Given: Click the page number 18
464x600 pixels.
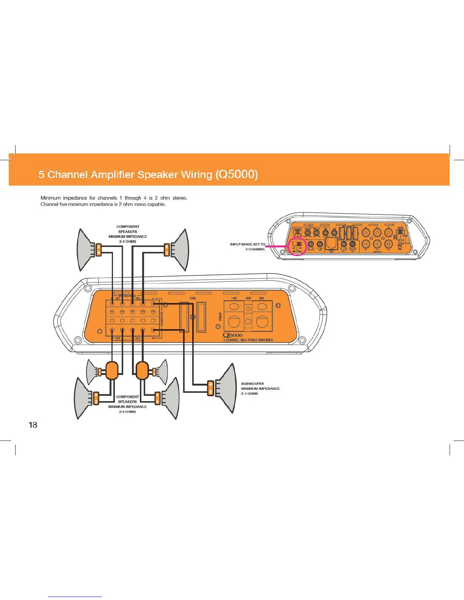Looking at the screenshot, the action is pyautogui.click(x=33, y=425).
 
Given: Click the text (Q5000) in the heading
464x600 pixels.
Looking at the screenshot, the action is pyautogui.click(x=237, y=174).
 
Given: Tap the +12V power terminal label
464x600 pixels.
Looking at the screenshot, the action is pyautogui.click(x=234, y=298).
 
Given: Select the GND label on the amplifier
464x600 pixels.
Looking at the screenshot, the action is pyautogui.click(x=262, y=298).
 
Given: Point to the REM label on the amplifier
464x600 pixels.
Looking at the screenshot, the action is pyautogui.click(x=248, y=298).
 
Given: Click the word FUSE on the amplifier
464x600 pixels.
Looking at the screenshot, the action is pyautogui.click(x=193, y=298).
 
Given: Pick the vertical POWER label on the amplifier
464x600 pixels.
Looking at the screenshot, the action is pyautogui.click(x=220, y=317).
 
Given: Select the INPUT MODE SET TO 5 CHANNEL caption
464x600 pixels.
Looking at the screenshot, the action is pyautogui.click(x=248, y=247).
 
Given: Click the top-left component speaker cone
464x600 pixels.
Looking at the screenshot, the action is pyautogui.click(x=85, y=250).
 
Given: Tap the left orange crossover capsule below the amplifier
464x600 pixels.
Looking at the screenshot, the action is pyautogui.click(x=112, y=370).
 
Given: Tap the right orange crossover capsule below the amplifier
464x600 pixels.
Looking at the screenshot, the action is pyautogui.click(x=142, y=370).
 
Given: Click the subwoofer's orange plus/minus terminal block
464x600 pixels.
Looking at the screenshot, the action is pyautogui.click(x=211, y=388).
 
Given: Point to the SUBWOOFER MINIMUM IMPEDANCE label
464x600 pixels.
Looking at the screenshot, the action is pyautogui.click(x=260, y=388).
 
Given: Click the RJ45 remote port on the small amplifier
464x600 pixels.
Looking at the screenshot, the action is pyautogui.click(x=331, y=244).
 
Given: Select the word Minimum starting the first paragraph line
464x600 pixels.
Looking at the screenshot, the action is pyautogui.click(x=50, y=198).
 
